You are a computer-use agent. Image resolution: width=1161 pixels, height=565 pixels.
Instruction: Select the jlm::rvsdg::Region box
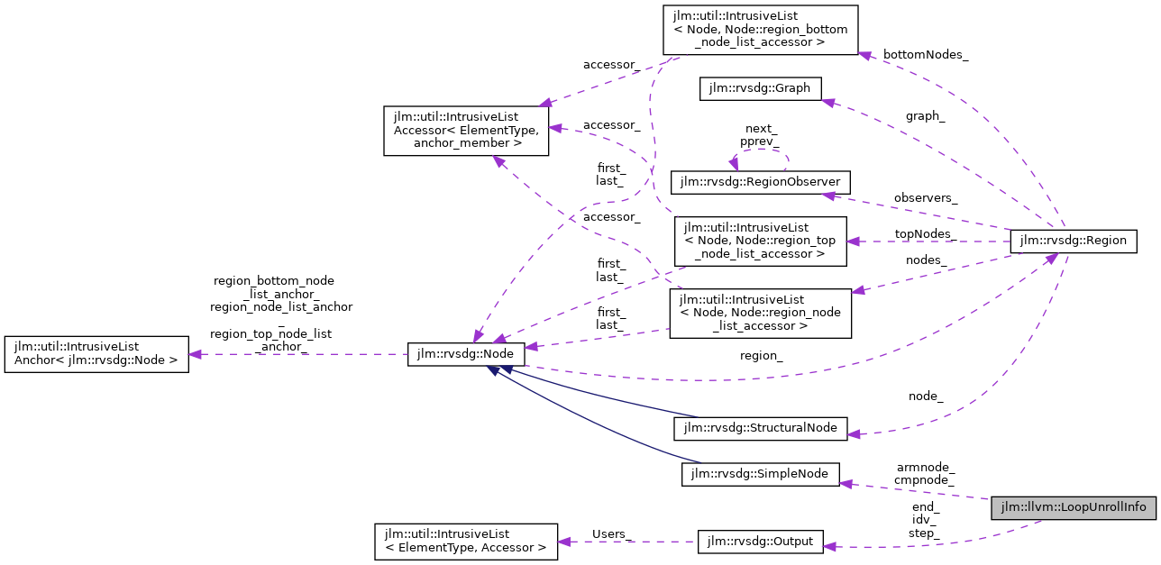tap(1074, 241)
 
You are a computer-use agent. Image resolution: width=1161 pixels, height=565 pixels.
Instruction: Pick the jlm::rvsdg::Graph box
tap(760, 88)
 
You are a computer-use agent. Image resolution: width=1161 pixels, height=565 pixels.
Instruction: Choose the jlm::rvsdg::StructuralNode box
tap(761, 427)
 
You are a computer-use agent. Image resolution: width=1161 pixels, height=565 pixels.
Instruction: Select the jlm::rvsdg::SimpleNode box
tap(760, 474)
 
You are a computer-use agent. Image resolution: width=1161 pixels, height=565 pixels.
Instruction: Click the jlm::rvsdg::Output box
tap(761, 542)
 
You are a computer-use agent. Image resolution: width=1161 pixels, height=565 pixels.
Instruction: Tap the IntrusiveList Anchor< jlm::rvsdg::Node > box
tap(96, 354)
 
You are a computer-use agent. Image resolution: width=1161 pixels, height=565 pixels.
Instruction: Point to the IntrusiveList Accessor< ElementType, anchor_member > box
tap(466, 130)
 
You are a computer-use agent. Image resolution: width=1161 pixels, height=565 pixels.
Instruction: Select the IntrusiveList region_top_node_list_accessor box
tap(761, 241)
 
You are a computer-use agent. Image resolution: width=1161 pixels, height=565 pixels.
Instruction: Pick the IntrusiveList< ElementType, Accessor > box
tap(466, 541)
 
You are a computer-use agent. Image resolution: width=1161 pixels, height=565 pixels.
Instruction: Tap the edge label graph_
tap(926, 115)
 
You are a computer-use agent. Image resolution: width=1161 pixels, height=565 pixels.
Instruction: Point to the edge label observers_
tap(926, 197)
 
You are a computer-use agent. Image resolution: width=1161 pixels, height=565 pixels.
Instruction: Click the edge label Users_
tap(609, 533)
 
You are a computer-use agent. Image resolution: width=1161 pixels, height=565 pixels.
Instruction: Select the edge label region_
tap(761, 355)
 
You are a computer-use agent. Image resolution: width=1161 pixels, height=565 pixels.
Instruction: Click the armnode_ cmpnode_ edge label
tap(925, 473)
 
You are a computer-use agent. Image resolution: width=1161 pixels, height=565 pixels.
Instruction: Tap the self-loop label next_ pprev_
tap(760, 135)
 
